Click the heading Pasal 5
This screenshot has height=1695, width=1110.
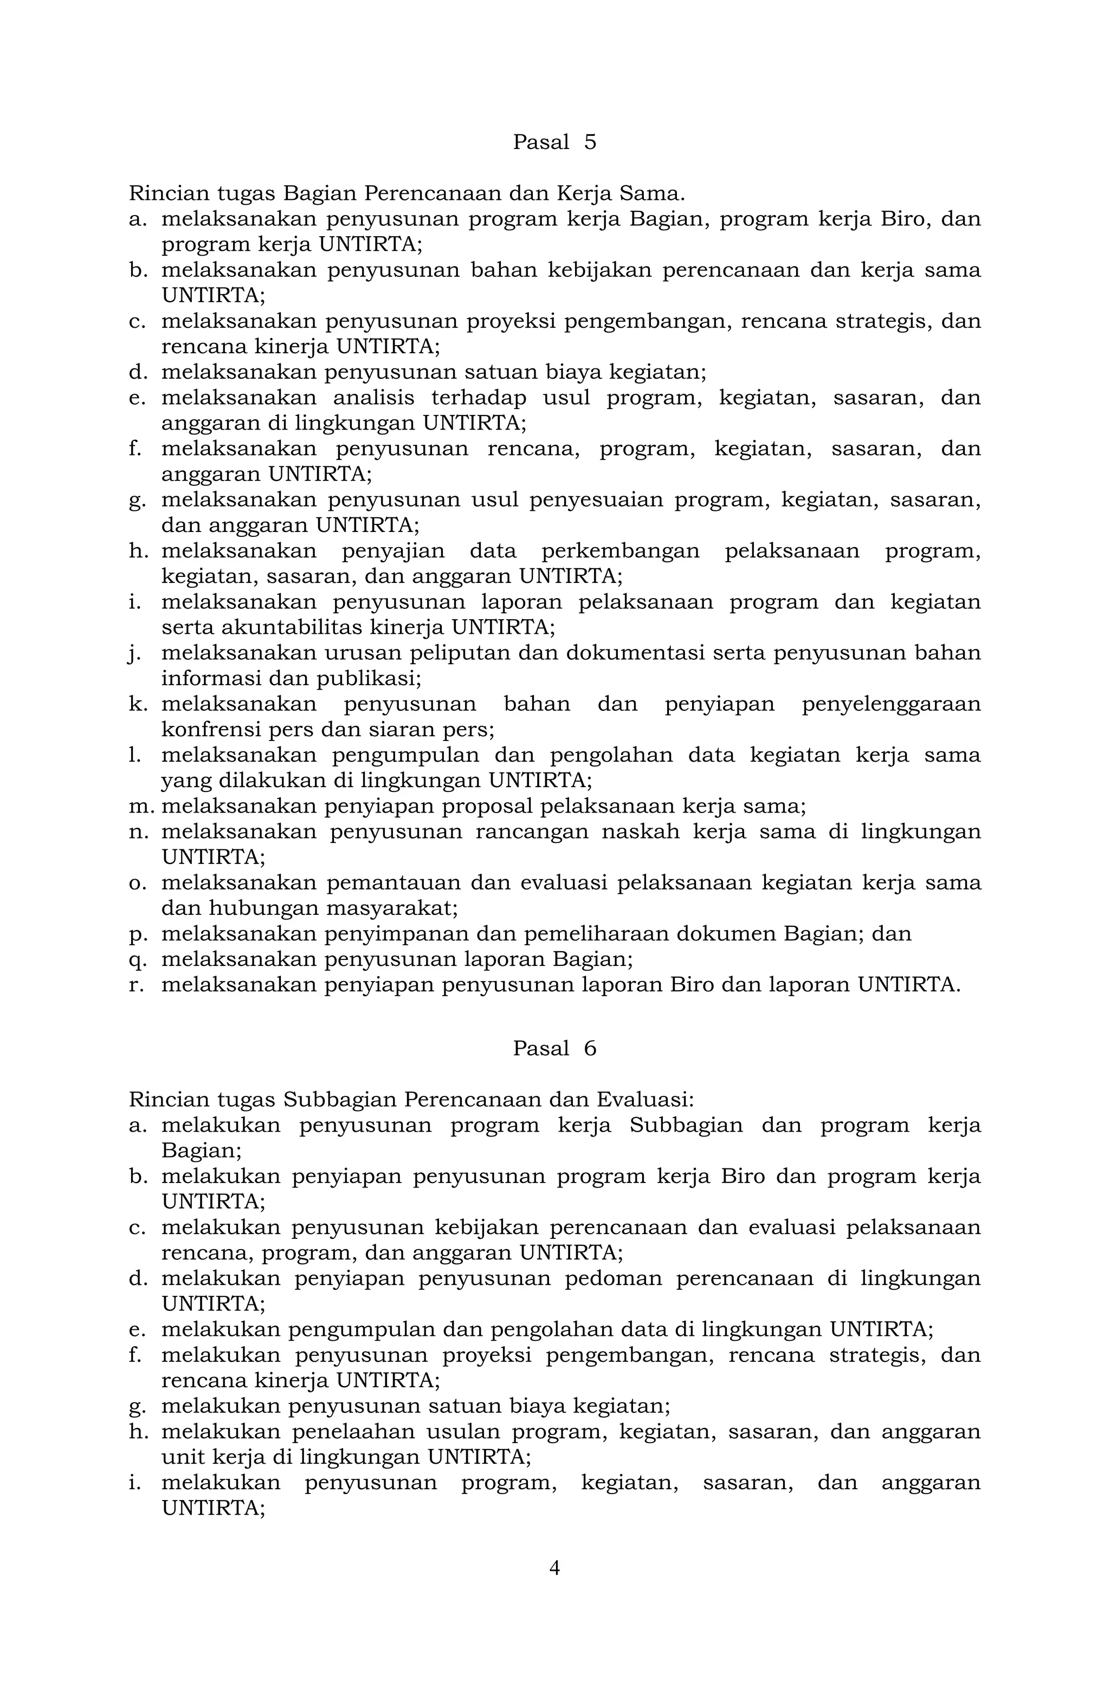pos(554,142)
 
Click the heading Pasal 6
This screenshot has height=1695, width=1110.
pos(554,1048)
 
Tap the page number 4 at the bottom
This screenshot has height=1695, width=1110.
pos(554,1568)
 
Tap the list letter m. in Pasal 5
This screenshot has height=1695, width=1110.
pos(138,806)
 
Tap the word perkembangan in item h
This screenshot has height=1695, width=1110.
pos(620,551)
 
